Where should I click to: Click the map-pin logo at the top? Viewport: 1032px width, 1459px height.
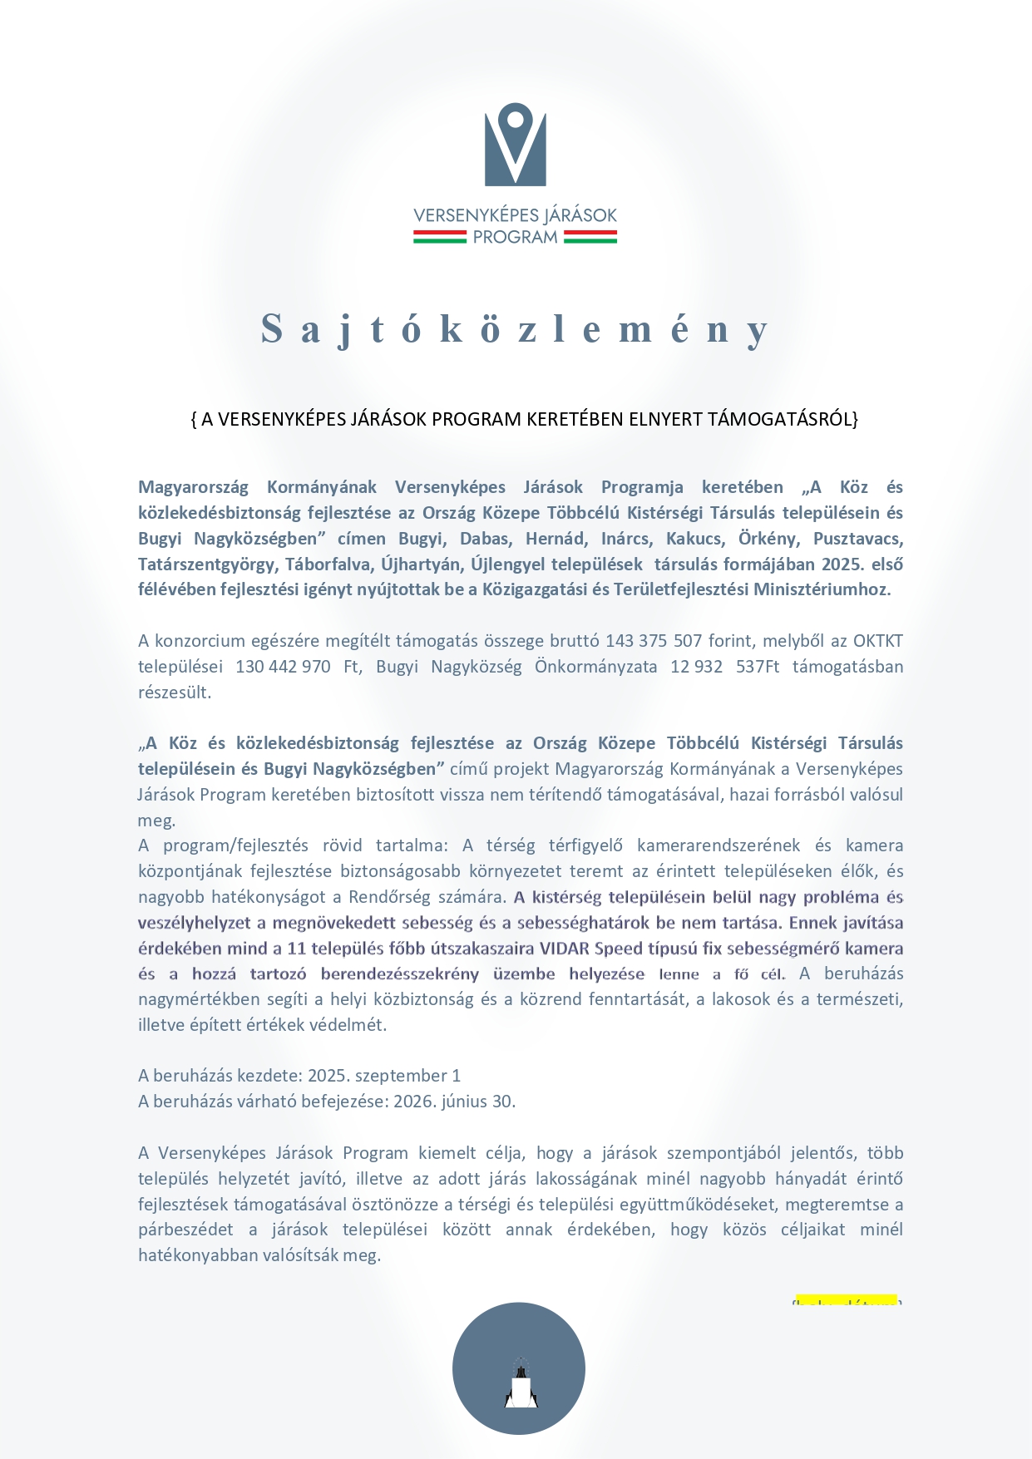coord(516,144)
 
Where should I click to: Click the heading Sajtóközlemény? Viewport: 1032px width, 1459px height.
coord(516,329)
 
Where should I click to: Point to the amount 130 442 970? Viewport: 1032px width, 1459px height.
coord(283,667)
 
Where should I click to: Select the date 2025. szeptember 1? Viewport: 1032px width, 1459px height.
coord(384,1076)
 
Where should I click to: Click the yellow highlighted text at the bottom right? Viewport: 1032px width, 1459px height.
coord(847,1300)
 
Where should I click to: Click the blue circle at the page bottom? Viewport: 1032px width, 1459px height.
coord(519,1368)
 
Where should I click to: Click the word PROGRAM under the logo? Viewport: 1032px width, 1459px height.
coord(516,238)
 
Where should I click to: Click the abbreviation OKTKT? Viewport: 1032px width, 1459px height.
coord(878,641)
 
